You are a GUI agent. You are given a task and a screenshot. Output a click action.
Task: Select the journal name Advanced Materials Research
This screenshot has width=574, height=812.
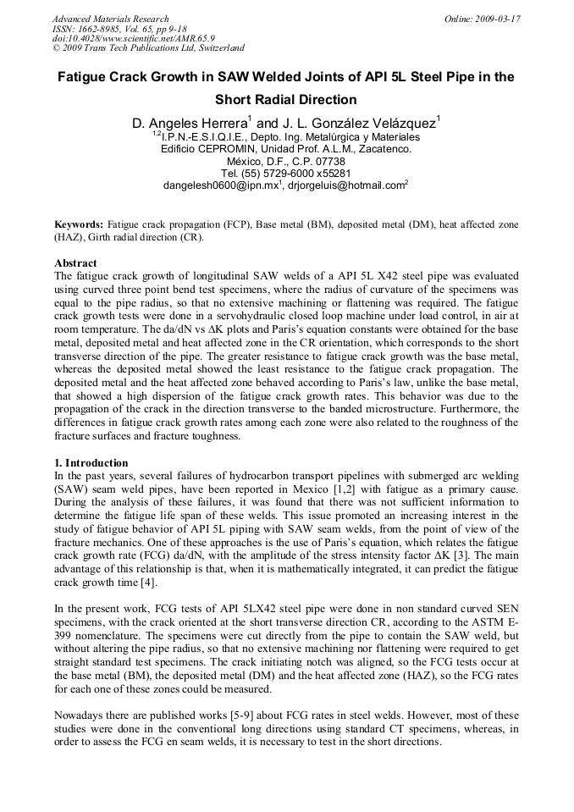[x=110, y=19]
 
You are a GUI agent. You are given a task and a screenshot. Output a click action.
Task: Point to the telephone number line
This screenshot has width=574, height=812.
[x=285, y=173]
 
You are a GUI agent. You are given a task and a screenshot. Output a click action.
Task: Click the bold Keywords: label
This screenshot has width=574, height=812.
[x=79, y=224]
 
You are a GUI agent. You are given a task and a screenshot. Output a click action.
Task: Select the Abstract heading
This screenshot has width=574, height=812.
[x=75, y=263]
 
